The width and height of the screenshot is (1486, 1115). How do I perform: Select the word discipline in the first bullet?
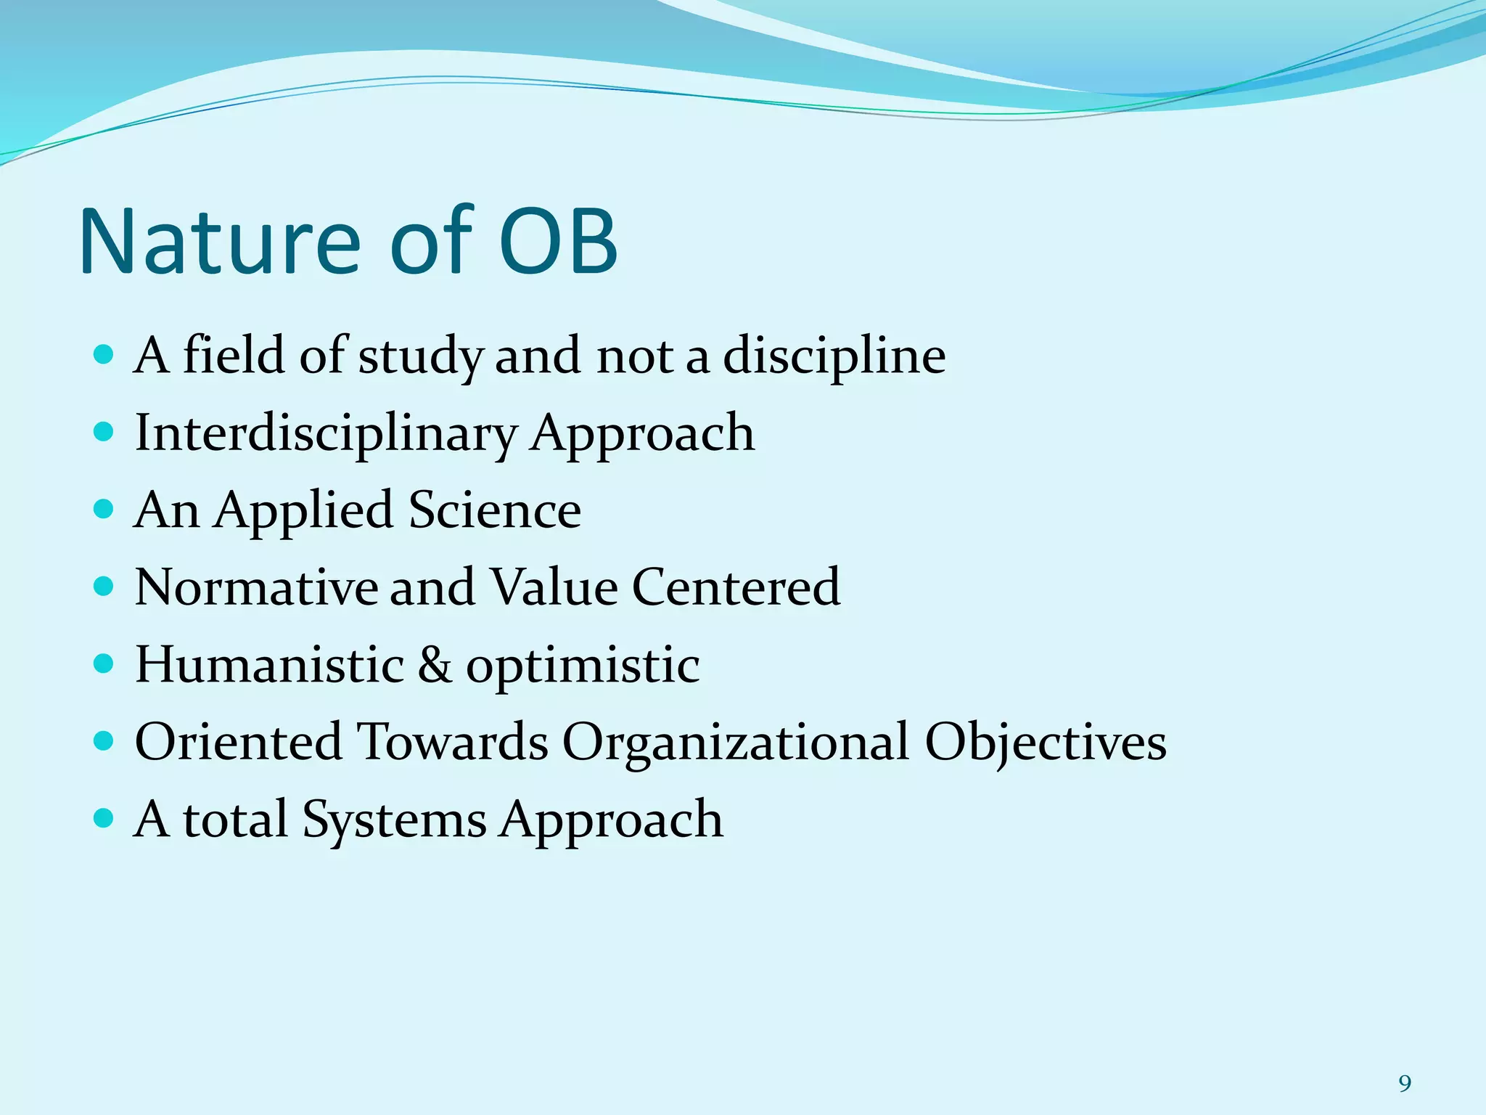click(834, 357)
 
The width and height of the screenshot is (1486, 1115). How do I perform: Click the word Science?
click(495, 510)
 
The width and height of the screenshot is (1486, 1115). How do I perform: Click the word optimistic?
click(583, 666)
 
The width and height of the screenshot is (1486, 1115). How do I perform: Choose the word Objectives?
click(1046, 743)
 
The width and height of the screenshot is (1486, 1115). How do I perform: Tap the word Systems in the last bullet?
click(394, 820)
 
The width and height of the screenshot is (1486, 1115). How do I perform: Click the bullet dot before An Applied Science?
click(104, 509)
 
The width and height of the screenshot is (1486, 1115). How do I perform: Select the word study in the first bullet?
click(420, 357)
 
